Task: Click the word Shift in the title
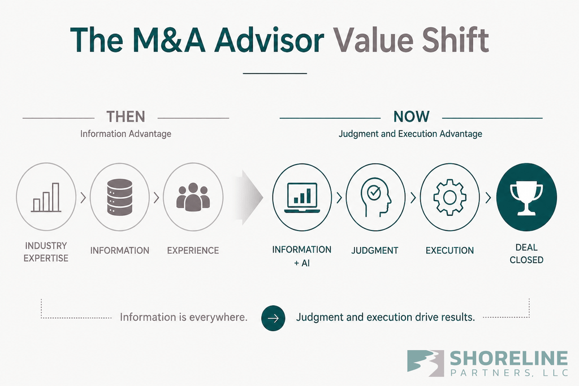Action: (x=455, y=40)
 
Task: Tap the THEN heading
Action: (x=126, y=116)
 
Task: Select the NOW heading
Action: (x=412, y=116)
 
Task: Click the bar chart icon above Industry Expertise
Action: (x=46, y=197)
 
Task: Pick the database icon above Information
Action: (x=120, y=197)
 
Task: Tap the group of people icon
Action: (x=193, y=197)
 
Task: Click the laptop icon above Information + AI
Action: (x=302, y=198)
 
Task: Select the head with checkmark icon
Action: (x=375, y=197)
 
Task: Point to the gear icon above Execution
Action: (x=450, y=197)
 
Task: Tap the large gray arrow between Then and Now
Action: (x=249, y=197)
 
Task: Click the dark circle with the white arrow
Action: (x=273, y=318)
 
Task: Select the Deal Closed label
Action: (x=526, y=254)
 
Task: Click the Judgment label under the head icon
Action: (x=375, y=250)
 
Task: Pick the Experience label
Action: (x=193, y=250)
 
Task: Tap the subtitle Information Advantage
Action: (x=126, y=133)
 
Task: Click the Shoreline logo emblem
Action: (x=425, y=363)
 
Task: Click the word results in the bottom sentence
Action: (x=456, y=318)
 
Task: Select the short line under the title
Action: (x=275, y=73)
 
